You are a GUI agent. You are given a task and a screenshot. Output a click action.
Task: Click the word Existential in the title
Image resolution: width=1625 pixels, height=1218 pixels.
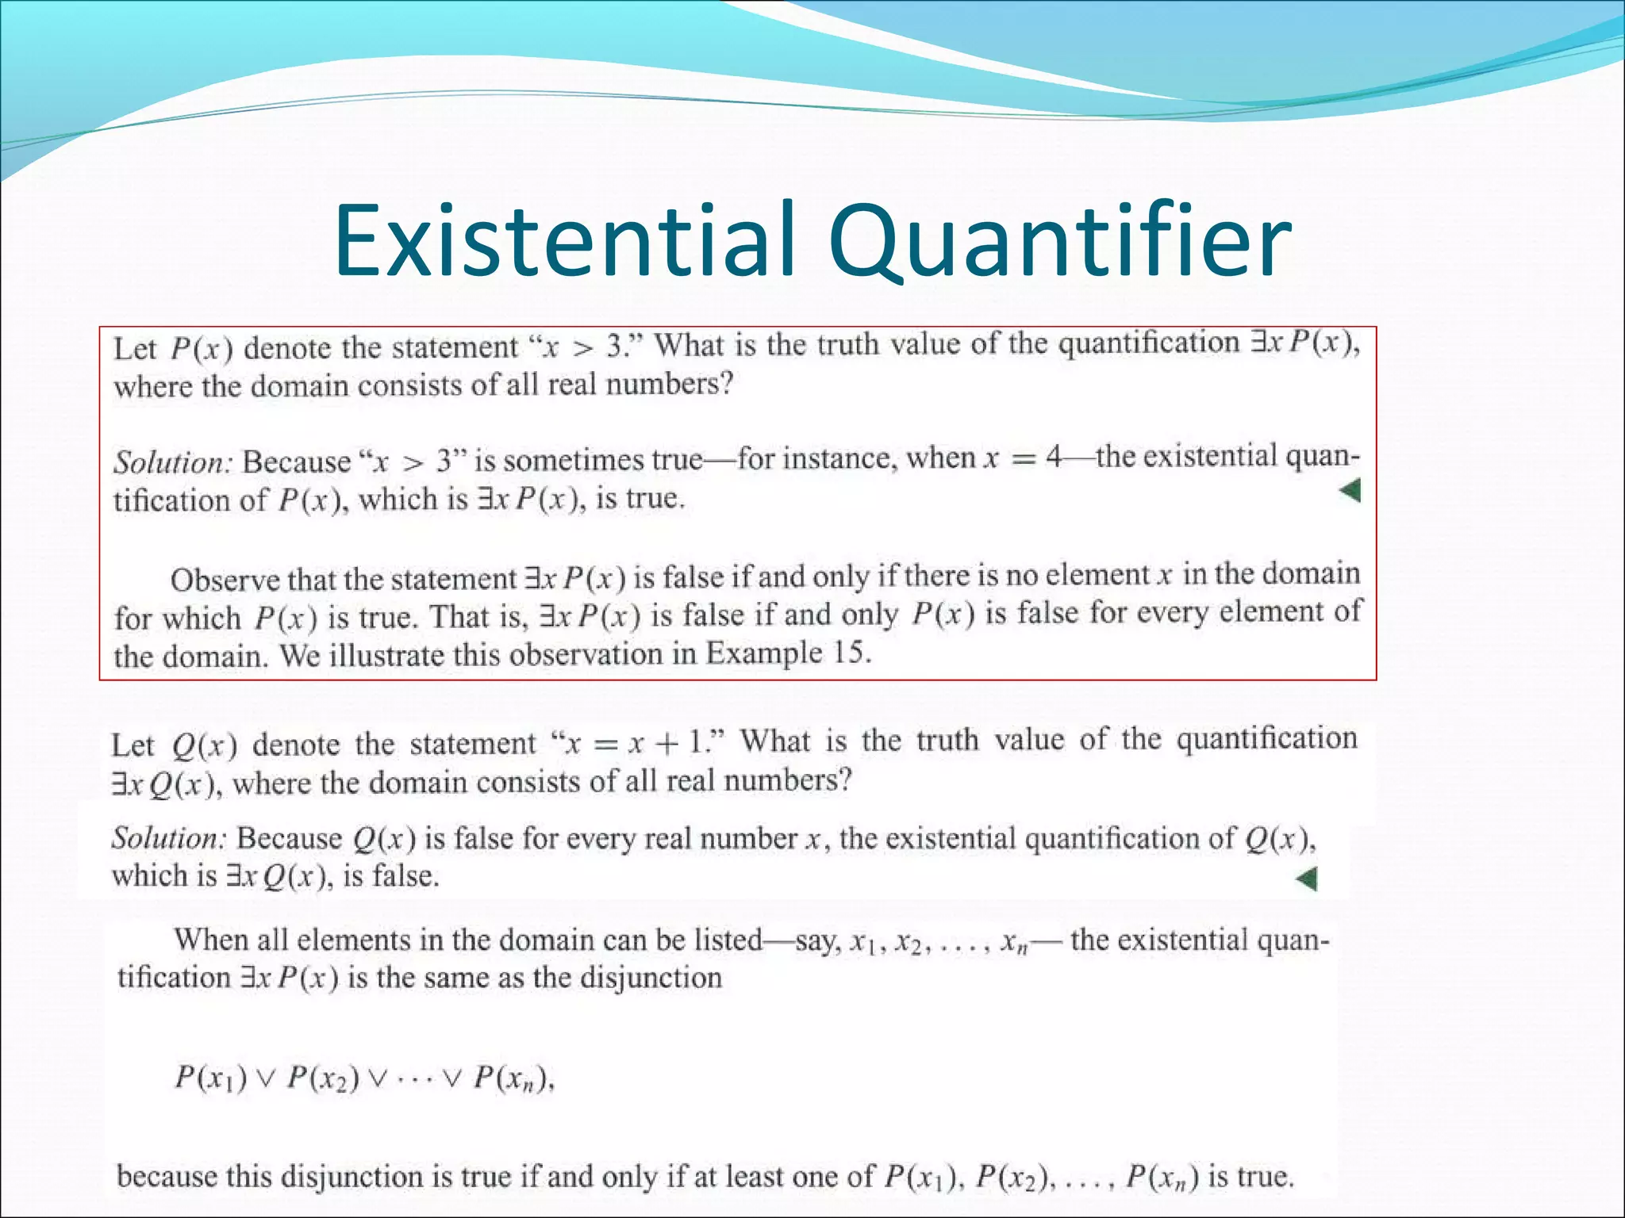(x=564, y=240)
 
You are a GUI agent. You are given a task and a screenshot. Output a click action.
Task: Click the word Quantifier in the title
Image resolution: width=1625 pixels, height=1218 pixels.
(x=1060, y=240)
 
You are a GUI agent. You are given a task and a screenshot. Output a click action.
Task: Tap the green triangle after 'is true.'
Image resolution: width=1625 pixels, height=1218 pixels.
(x=1350, y=491)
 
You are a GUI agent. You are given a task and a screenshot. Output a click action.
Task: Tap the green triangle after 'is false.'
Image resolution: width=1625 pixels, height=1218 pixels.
(x=1306, y=879)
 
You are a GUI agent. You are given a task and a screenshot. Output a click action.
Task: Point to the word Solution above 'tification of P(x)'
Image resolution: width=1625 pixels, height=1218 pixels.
(x=171, y=462)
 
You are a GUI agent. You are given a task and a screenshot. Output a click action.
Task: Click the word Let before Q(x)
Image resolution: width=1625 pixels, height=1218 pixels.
(x=133, y=745)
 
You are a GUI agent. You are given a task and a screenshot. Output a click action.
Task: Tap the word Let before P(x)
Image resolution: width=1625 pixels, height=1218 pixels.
(x=134, y=349)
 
